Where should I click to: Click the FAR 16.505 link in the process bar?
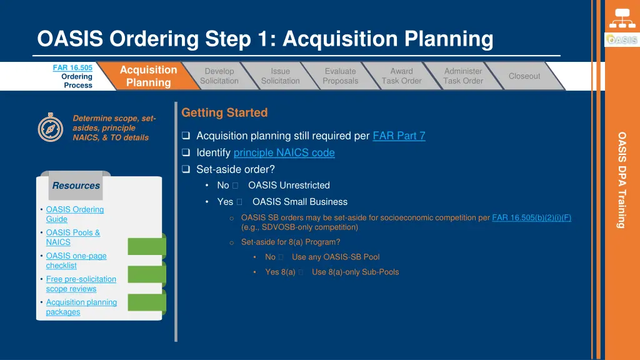click(x=72, y=67)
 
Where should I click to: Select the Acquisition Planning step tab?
click(x=148, y=76)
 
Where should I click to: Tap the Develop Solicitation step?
click(x=219, y=76)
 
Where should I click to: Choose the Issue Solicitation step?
click(x=280, y=76)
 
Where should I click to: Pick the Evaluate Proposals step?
click(x=340, y=76)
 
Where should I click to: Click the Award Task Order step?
click(x=401, y=76)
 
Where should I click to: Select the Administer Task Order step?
click(x=463, y=76)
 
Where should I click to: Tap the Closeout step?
click(x=524, y=76)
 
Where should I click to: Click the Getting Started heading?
click(x=224, y=112)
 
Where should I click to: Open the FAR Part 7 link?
click(x=399, y=136)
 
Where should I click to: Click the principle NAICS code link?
click(x=284, y=152)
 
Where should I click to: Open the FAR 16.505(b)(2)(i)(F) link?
click(x=531, y=217)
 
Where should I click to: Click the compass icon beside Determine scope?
click(x=50, y=127)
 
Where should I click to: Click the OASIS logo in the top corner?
click(x=621, y=40)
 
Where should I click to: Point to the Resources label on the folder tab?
click(x=76, y=186)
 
